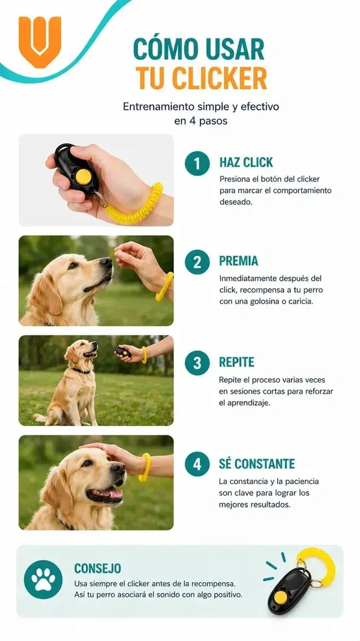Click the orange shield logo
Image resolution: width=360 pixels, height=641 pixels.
(40, 42)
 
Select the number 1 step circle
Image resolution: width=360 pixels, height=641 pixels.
(197, 163)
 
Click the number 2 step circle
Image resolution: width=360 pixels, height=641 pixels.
(197, 262)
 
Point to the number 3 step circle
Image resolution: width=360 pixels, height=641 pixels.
(197, 363)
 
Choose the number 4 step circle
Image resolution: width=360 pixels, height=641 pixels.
(197, 464)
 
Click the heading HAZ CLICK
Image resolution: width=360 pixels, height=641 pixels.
(246, 162)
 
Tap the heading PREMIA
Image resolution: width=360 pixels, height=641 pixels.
(238, 261)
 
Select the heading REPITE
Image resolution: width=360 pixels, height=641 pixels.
(237, 362)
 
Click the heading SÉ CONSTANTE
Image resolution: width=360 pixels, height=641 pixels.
(257, 463)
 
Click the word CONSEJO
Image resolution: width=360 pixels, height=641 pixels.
(97, 568)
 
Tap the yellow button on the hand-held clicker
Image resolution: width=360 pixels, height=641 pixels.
(83, 176)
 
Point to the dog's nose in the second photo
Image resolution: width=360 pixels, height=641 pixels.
(106, 262)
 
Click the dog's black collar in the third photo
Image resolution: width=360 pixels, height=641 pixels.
(81, 371)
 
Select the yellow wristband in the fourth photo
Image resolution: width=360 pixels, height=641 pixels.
(144, 468)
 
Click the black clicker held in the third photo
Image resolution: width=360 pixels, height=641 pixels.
(123, 352)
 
